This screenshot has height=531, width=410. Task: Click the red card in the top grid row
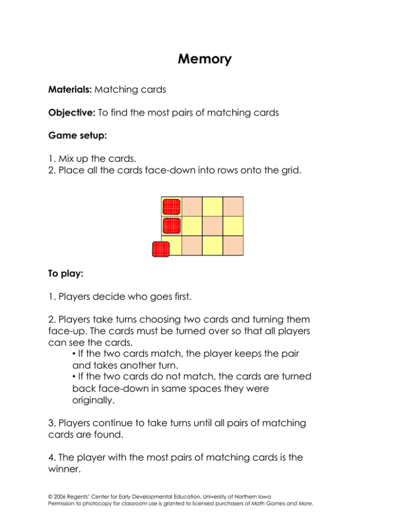pos(171,207)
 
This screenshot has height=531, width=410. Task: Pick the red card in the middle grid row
pos(171,226)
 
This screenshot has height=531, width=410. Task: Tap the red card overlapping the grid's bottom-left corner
pos(161,249)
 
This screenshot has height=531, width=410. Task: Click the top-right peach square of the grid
pos(233,206)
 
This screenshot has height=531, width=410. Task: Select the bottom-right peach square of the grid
pos(233,245)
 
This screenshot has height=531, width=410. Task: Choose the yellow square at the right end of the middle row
pos(233,226)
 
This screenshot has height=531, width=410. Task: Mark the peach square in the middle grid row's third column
pos(212,226)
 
